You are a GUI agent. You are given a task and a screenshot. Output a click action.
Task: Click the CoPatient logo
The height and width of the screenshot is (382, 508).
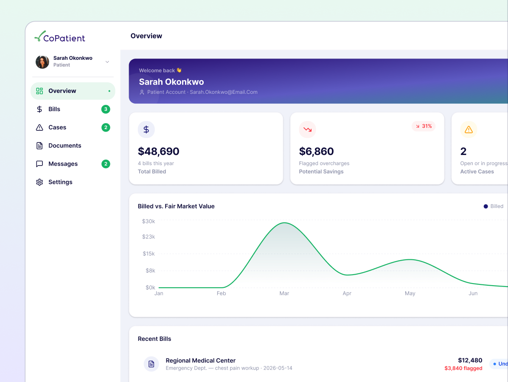tap(59, 37)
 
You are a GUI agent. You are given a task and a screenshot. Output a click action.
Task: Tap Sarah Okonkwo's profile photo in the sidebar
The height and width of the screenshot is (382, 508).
tap(42, 62)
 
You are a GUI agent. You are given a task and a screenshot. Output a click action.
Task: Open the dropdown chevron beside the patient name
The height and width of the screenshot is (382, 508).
tap(107, 62)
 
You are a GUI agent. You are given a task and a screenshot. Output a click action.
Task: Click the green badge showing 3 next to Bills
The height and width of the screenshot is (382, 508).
tap(106, 109)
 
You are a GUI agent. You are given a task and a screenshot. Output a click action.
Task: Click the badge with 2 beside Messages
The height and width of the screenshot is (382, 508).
tap(106, 164)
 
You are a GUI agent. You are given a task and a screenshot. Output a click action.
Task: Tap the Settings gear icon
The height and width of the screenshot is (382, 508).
tap(39, 182)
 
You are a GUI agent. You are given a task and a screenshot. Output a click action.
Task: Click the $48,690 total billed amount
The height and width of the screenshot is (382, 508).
tap(158, 151)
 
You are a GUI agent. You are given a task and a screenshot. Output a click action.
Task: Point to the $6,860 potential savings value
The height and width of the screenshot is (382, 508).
tap(316, 151)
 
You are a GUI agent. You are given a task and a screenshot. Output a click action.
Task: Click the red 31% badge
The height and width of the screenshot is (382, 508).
tap(424, 126)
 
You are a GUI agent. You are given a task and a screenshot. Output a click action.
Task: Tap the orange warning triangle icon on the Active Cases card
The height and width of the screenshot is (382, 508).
tap(469, 129)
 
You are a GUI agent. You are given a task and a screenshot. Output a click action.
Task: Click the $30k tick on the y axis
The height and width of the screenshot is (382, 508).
tap(149, 221)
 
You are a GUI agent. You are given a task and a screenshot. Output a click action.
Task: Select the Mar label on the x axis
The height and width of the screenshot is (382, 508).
tap(284, 293)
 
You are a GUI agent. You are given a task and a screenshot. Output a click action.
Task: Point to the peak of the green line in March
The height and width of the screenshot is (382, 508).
tap(284, 223)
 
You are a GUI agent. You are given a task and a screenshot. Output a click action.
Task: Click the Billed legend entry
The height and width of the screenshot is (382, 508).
tap(494, 206)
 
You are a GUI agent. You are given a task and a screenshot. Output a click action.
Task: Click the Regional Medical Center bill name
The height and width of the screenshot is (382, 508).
tap(201, 361)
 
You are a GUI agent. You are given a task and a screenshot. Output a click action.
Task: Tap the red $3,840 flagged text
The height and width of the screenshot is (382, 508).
tap(463, 368)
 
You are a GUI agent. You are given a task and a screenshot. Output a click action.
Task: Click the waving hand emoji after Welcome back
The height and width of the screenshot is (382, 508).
tap(179, 70)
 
